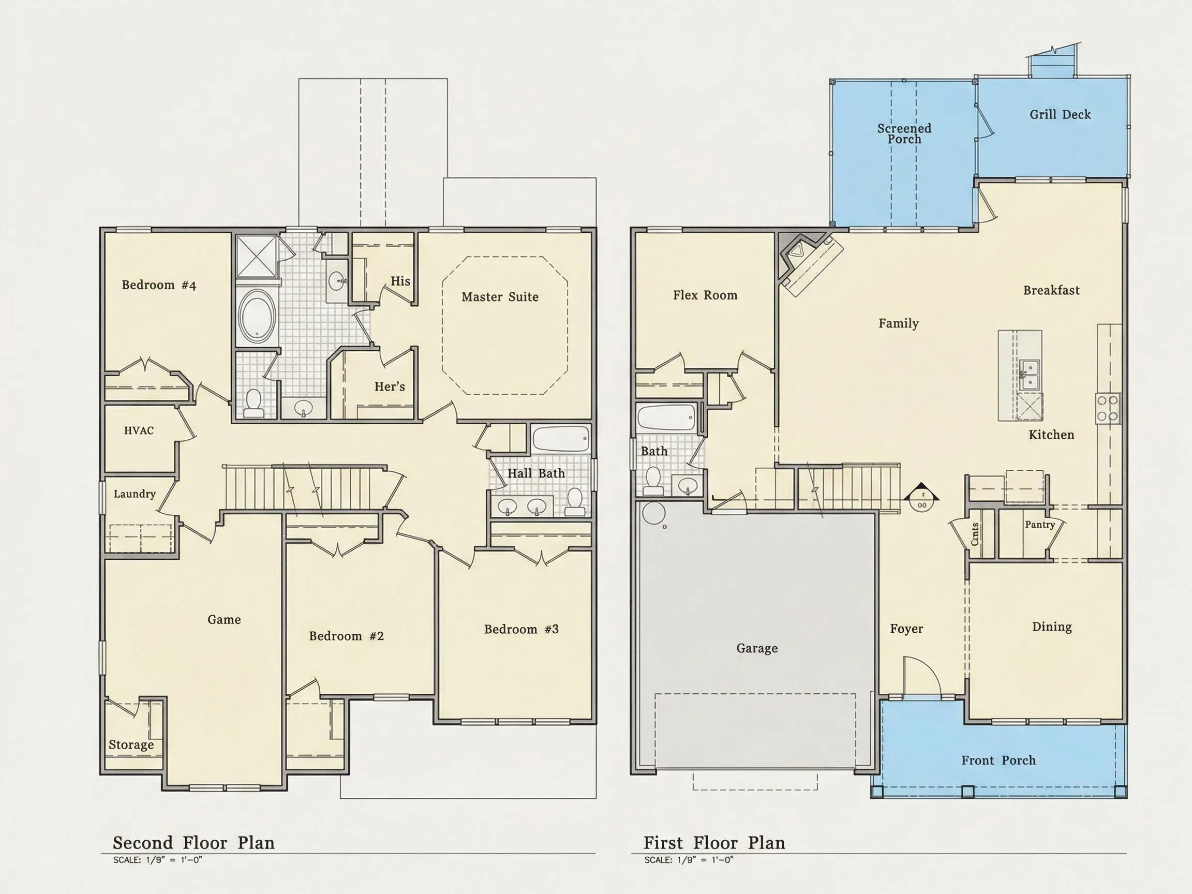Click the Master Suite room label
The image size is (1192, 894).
500,297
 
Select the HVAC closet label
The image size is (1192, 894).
139,430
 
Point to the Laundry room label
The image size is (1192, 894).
134,494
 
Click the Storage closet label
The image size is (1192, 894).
131,744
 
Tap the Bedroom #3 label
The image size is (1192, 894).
521,629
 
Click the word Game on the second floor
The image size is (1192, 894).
224,620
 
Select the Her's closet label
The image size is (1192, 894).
390,386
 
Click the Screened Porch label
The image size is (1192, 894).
904,133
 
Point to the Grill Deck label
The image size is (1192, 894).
1060,114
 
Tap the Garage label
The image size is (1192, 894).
757,648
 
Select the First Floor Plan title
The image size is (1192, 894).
714,843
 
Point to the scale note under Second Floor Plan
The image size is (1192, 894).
157,860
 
